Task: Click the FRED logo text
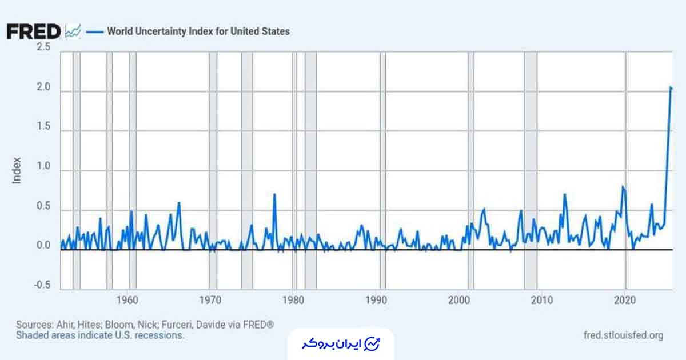[33, 31]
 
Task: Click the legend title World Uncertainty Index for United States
[198, 31]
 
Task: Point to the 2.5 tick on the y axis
[43, 47]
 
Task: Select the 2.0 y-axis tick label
[43, 89]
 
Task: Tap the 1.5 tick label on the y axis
[43, 128]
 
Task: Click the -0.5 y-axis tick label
[42, 286]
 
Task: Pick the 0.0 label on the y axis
[43, 246]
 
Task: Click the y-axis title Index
[17, 170]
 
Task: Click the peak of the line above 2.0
[670, 87]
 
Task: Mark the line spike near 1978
[274, 195]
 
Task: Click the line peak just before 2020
[623, 187]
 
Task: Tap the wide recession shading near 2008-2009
[531, 171]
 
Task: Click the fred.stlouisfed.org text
[624, 335]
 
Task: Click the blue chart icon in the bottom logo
[372, 344]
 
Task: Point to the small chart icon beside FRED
[73, 31]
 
